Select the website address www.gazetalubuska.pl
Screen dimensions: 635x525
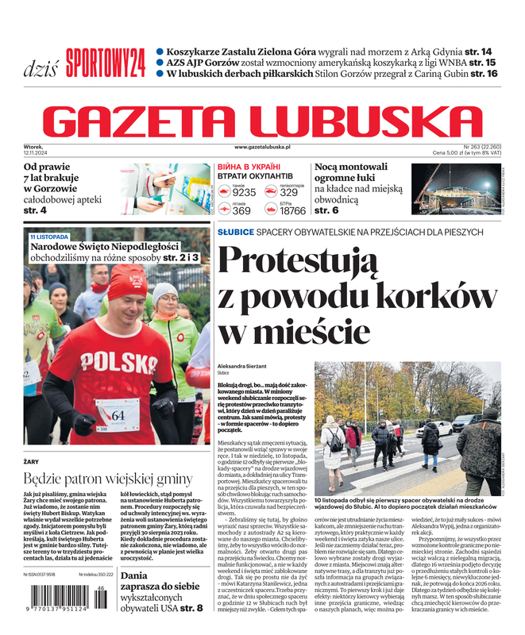pos(262,148)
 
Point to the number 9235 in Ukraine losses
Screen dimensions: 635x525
pos(244,192)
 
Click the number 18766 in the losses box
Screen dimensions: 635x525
pos(292,211)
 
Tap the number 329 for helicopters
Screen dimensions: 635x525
pos(288,192)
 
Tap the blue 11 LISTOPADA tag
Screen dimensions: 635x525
pos(49,237)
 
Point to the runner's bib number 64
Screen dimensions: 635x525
pos(118,415)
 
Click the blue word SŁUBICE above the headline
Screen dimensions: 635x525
pos(236,232)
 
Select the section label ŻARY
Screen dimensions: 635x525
pos(32,460)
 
